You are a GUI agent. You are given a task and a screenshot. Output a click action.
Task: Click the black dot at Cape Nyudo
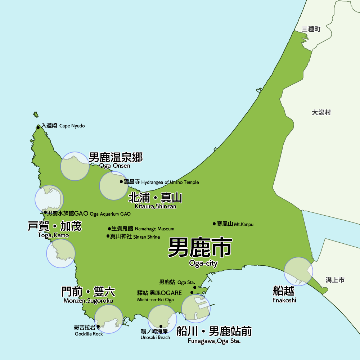(38, 127)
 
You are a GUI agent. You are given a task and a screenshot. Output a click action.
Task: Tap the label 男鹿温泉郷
(116, 157)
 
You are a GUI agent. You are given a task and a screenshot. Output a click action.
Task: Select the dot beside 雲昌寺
(121, 181)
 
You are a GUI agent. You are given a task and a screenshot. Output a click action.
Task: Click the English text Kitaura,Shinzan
(155, 206)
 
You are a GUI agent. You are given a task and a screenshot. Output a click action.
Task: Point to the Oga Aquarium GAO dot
(45, 212)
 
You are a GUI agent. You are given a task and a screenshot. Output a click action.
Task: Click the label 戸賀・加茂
(55, 226)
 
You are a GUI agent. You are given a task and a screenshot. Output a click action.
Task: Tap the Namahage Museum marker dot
(109, 229)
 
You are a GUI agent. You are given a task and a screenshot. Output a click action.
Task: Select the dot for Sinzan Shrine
(108, 236)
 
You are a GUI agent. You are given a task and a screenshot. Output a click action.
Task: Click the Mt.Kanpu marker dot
(214, 224)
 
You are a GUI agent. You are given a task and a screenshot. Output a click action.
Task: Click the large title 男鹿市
(200, 247)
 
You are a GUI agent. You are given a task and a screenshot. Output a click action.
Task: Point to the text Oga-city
(203, 264)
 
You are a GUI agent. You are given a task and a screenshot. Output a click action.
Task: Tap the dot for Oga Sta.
(194, 287)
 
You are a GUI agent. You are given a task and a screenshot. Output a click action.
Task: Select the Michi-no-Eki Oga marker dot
(192, 292)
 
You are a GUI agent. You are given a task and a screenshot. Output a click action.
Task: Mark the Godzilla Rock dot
(98, 327)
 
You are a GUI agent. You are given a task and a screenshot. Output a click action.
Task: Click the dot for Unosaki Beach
(161, 326)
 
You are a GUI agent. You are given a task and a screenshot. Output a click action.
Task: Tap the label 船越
(284, 291)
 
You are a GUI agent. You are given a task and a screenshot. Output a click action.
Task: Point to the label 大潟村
(321, 113)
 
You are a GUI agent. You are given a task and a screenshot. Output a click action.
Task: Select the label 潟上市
(335, 280)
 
